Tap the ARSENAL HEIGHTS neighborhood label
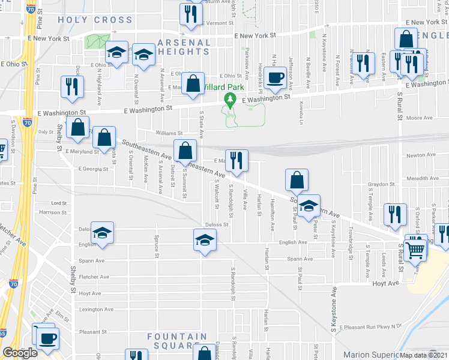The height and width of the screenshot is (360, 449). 184,47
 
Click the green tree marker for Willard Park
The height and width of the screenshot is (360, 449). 229,98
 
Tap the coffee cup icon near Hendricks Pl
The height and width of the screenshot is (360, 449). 276,77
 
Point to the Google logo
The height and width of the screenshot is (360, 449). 20,353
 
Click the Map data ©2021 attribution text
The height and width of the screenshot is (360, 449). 423,355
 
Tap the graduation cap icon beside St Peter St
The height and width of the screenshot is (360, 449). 309,205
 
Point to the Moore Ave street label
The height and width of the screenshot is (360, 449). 420,118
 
